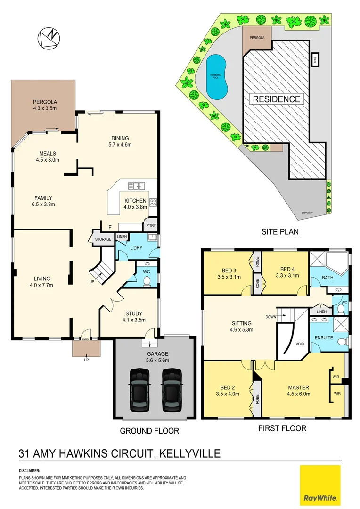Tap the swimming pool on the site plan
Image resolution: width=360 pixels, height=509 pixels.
[217, 77]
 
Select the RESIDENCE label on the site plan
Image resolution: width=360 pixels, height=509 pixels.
[276, 99]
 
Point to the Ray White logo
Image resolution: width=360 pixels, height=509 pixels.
[320, 484]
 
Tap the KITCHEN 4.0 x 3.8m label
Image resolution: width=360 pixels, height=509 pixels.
[135, 204]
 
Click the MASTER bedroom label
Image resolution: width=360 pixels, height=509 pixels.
[299, 391]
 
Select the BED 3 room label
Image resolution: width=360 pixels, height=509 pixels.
[230, 273]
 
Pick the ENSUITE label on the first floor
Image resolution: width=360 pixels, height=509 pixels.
[324, 338]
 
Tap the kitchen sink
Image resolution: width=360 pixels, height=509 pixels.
[138, 186]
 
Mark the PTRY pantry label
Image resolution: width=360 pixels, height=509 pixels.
[151, 226]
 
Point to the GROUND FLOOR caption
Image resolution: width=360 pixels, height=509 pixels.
[149, 431]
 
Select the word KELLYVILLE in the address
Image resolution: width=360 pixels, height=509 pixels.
[190, 454]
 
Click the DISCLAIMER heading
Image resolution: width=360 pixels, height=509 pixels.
[30, 470]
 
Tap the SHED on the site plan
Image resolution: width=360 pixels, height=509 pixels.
[315, 60]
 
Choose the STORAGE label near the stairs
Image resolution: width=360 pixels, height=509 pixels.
[103, 239]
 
